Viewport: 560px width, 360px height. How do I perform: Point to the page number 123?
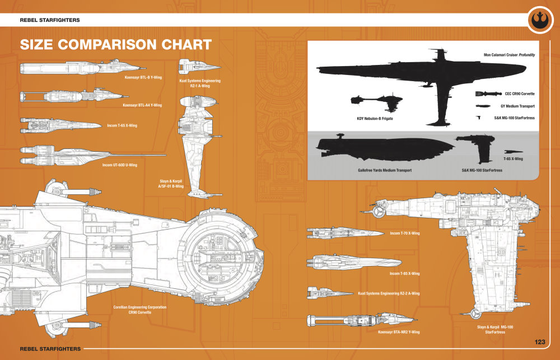(540, 342)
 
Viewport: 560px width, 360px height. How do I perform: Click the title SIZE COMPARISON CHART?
(115, 45)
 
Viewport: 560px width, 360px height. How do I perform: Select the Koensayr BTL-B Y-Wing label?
(143, 77)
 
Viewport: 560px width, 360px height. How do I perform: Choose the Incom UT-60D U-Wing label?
(120, 165)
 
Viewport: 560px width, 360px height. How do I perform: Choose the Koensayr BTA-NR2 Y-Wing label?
(399, 331)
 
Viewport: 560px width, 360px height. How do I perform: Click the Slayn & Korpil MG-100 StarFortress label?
(495, 329)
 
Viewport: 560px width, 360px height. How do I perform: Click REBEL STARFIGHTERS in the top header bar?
(50, 20)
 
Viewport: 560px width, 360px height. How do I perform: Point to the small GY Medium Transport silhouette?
(482, 106)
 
